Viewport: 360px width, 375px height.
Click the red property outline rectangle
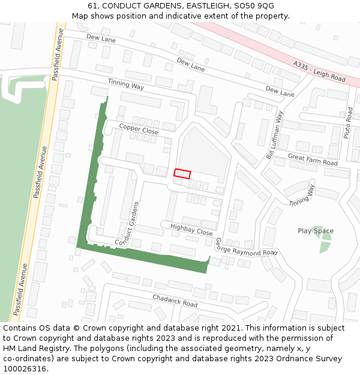pos(182,174)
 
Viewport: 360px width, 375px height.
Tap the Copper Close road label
pos(139,128)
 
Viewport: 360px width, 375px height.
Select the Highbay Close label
pos(191,229)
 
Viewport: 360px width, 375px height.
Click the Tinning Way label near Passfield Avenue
pos(126,85)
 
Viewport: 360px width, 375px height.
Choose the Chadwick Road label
pos(175,301)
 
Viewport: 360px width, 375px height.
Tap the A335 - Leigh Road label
pos(320,71)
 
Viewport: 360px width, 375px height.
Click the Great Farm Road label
pos(313,158)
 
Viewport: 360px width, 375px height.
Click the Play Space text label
pos(316,231)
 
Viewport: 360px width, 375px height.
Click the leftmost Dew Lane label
pos(101,38)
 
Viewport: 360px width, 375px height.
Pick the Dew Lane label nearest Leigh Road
pos(280,91)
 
